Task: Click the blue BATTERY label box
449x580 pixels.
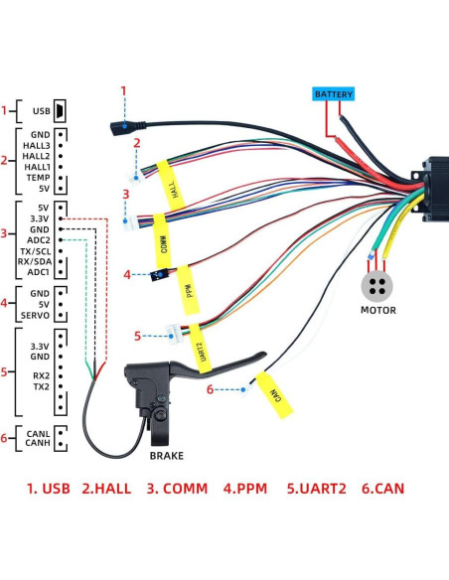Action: coord(332,94)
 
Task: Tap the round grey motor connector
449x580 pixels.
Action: coord(377,285)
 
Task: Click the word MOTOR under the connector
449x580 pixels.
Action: coord(377,311)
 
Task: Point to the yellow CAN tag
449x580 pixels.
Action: coord(273,395)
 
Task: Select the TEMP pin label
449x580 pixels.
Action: coord(38,177)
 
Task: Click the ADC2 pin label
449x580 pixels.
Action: coord(39,240)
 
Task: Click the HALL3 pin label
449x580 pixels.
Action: coord(37,145)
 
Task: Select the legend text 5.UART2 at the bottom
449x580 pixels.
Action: coord(319,489)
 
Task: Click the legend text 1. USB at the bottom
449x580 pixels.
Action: coord(48,489)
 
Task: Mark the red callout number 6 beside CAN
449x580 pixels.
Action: coord(210,389)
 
